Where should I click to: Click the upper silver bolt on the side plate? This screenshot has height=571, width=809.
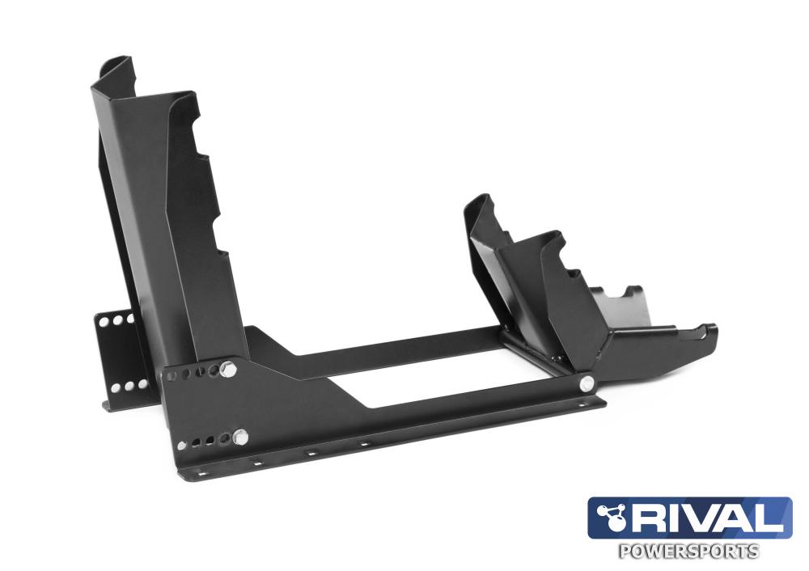pyautogui.click(x=228, y=370)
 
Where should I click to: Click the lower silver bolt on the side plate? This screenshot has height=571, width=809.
pyautogui.click(x=240, y=437)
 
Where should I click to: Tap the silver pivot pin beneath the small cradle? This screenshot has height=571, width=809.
pyautogui.click(x=586, y=383)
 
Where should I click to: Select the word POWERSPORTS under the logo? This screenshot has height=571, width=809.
pyautogui.click(x=688, y=551)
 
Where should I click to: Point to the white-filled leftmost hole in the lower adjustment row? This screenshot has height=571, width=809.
pyautogui.click(x=181, y=445)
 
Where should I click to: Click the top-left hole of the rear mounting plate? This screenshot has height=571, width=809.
pyautogui.click(x=104, y=321)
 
